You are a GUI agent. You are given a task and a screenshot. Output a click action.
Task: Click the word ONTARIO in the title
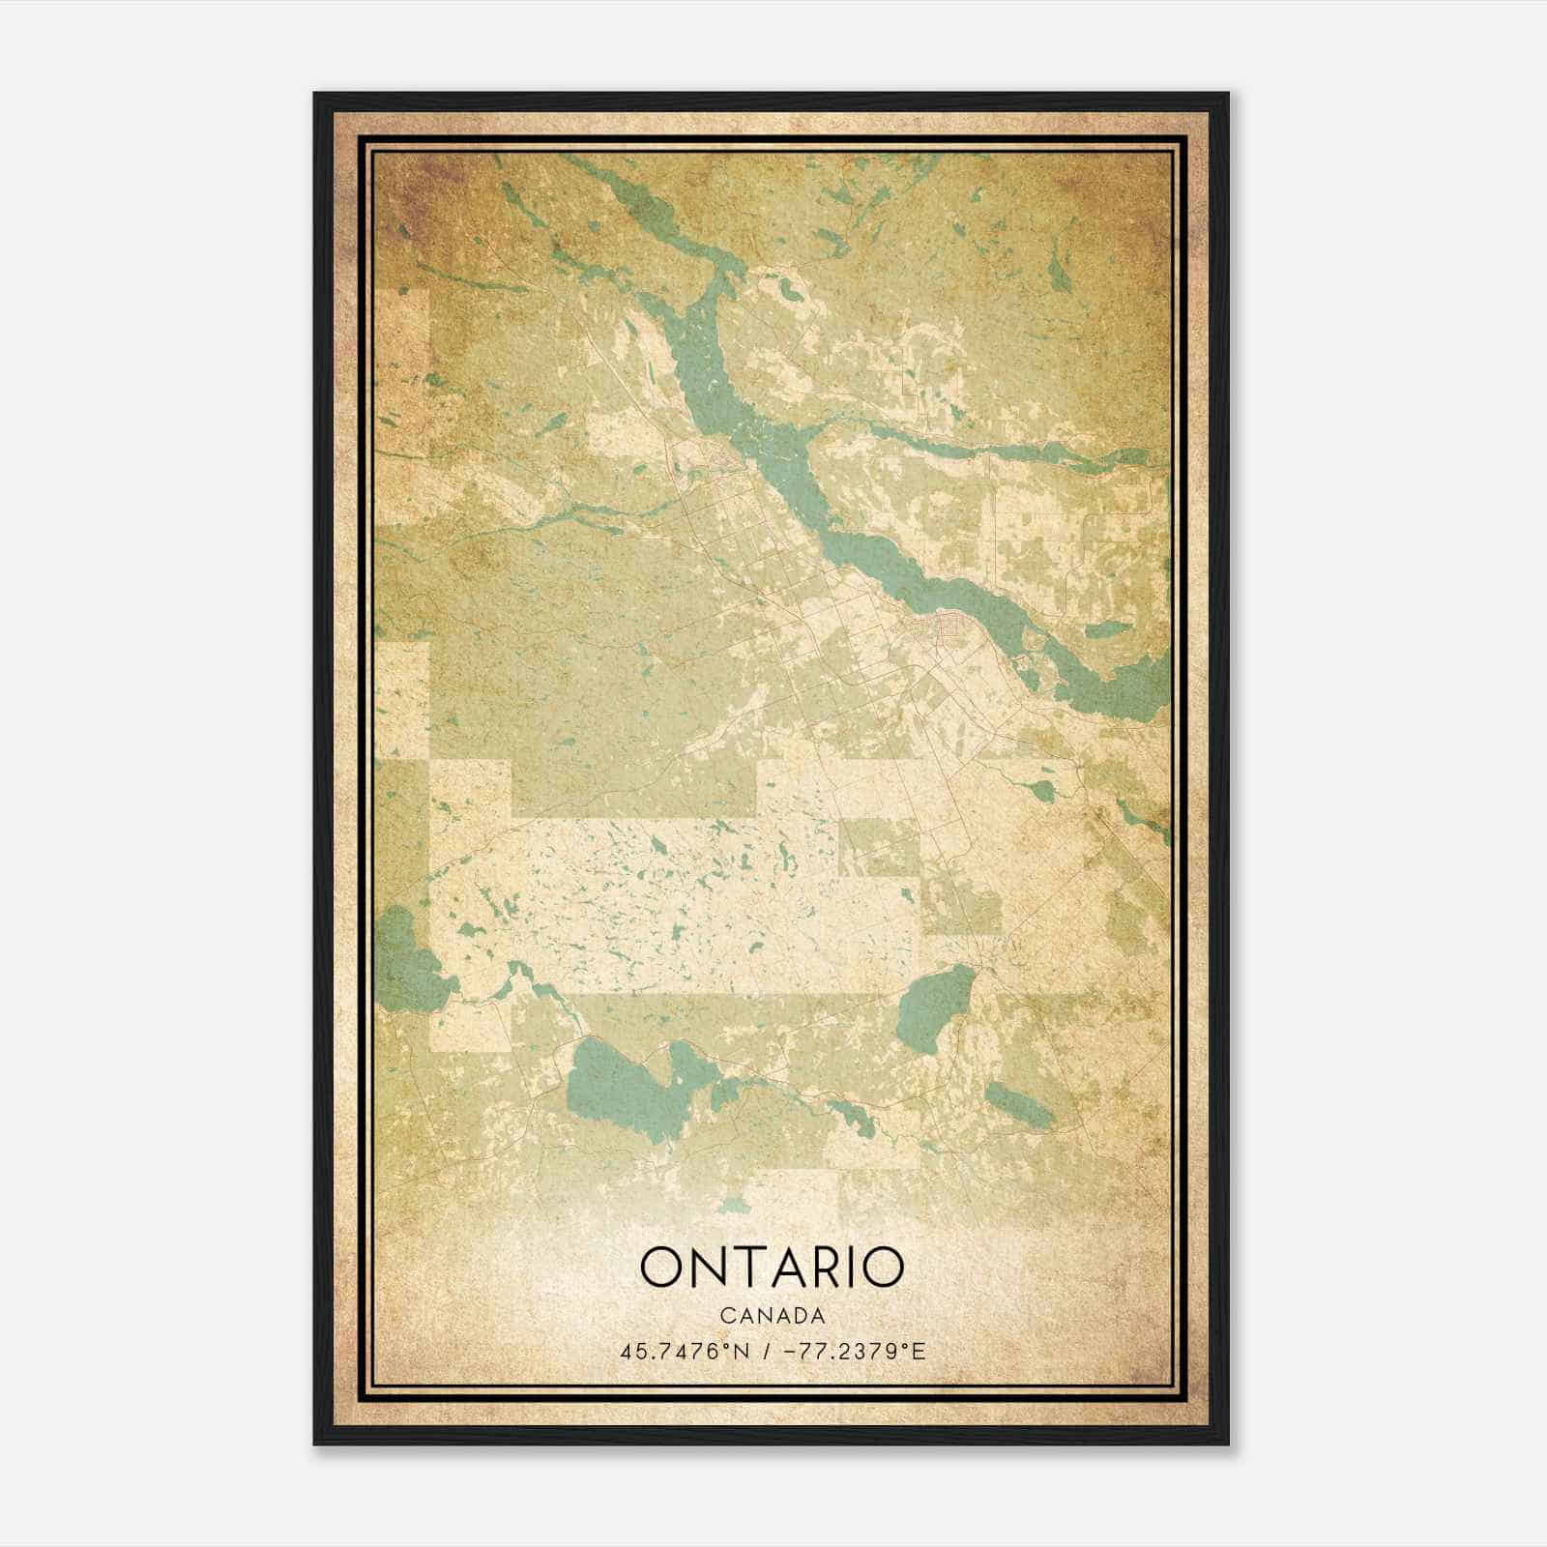(772, 1268)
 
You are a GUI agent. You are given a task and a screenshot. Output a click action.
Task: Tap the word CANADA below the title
(772, 1316)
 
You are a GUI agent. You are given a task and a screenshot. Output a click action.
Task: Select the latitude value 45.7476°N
(686, 1351)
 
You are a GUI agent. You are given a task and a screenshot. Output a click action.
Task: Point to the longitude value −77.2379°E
(851, 1351)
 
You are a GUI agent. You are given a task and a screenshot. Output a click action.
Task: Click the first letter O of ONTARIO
(660, 1268)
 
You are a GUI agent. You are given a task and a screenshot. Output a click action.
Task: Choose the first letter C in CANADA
(725, 1316)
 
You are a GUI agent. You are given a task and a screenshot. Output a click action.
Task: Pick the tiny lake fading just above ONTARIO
(735, 1205)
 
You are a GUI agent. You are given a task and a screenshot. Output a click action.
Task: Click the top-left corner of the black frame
(315, 94)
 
